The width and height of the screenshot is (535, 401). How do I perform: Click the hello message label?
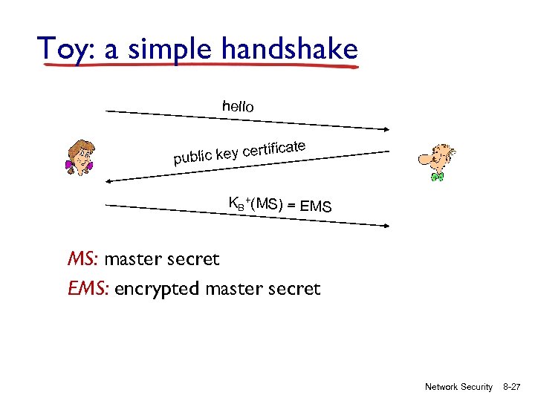pyautogui.click(x=238, y=106)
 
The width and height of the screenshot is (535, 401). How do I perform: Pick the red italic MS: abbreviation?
pyautogui.click(x=83, y=259)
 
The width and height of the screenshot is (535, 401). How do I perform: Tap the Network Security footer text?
pyautogui.click(x=458, y=387)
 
